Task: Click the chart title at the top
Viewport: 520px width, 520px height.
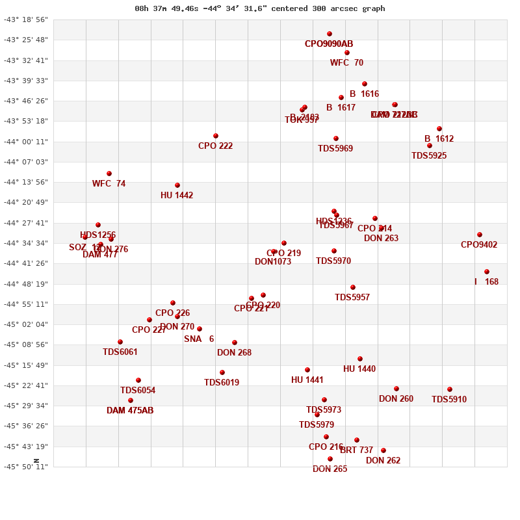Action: tap(260, 8)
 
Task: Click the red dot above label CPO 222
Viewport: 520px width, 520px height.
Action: tap(216, 136)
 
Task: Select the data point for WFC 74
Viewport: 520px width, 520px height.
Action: tap(109, 174)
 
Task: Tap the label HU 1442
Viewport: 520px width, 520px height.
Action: tap(177, 195)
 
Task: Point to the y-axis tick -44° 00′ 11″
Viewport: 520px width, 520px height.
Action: tap(26, 142)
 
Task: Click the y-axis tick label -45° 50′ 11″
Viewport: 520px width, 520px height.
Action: tap(26, 467)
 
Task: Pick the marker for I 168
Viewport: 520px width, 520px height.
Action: tap(487, 272)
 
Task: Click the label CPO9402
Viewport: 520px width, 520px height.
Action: tap(479, 244)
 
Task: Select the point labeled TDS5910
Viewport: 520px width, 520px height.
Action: tap(450, 389)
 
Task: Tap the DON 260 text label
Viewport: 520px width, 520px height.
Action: tap(396, 398)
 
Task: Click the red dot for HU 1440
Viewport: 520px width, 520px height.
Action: tap(360, 359)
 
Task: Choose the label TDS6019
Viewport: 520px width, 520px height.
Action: tap(222, 382)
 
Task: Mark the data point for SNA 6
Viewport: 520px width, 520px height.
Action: tap(200, 329)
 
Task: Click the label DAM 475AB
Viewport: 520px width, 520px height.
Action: tap(130, 410)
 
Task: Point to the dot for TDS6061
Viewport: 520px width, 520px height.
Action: tap(120, 342)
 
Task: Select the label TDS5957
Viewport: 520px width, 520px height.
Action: tap(352, 297)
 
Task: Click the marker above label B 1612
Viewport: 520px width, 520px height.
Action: tap(439, 129)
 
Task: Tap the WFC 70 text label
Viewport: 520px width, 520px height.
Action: tap(346, 62)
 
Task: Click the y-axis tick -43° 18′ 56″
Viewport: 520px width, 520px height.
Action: tap(26, 19)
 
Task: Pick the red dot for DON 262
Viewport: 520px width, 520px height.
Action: tap(383, 450)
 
